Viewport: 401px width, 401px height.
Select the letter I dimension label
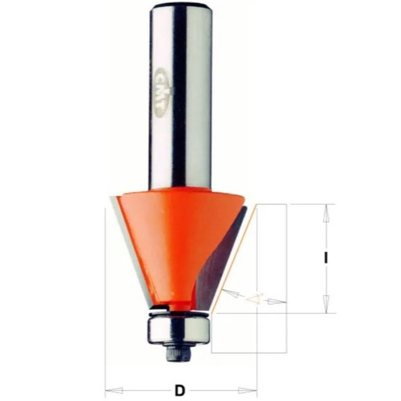pos(326,258)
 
